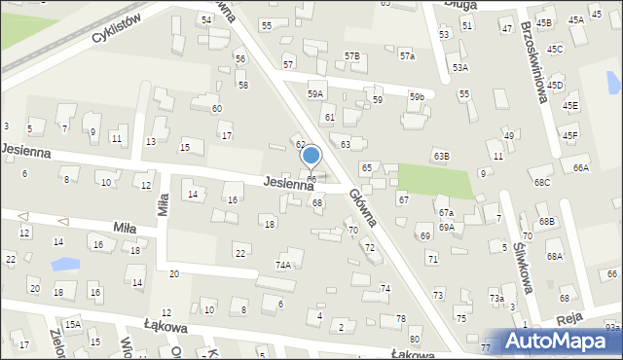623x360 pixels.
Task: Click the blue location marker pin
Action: (311, 157)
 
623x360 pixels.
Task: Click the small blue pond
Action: (65, 264)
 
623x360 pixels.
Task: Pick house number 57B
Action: (351, 56)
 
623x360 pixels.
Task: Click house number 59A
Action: (314, 93)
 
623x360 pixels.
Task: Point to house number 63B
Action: (442, 156)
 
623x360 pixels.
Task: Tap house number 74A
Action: (283, 265)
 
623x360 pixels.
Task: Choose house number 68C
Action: (541, 183)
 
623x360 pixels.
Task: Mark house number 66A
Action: (580, 168)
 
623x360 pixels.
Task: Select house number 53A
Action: (459, 68)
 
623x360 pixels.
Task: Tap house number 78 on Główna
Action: (400, 319)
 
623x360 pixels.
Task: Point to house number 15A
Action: (72, 323)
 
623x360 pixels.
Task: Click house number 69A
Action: (446, 227)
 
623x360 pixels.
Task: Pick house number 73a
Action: (496, 298)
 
